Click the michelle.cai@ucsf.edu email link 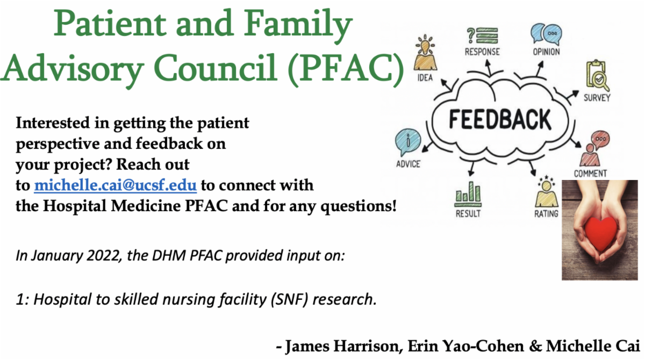pyautogui.click(x=115, y=185)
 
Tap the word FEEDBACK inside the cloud pyautogui.click(x=500, y=119)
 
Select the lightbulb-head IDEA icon pyautogui.click(x=425, y=53)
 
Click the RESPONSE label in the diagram pyautogui.click(x=482, y=52)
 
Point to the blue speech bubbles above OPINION pyautogui.click(x=546, y=34)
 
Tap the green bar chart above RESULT pyautogui.click(x=468, y=194)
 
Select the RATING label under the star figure pyautogui.click(x=546, y=214)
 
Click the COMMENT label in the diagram pyautogui.click(x=590, y=174)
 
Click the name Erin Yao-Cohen pyautogui.click(x=466, y=346)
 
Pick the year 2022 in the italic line pyautogui.click(x=103, y=255)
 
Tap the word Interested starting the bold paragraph pyautogui.click(x=53, y=123)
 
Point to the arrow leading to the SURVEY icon pyautogui.click(x=572, y=95)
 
